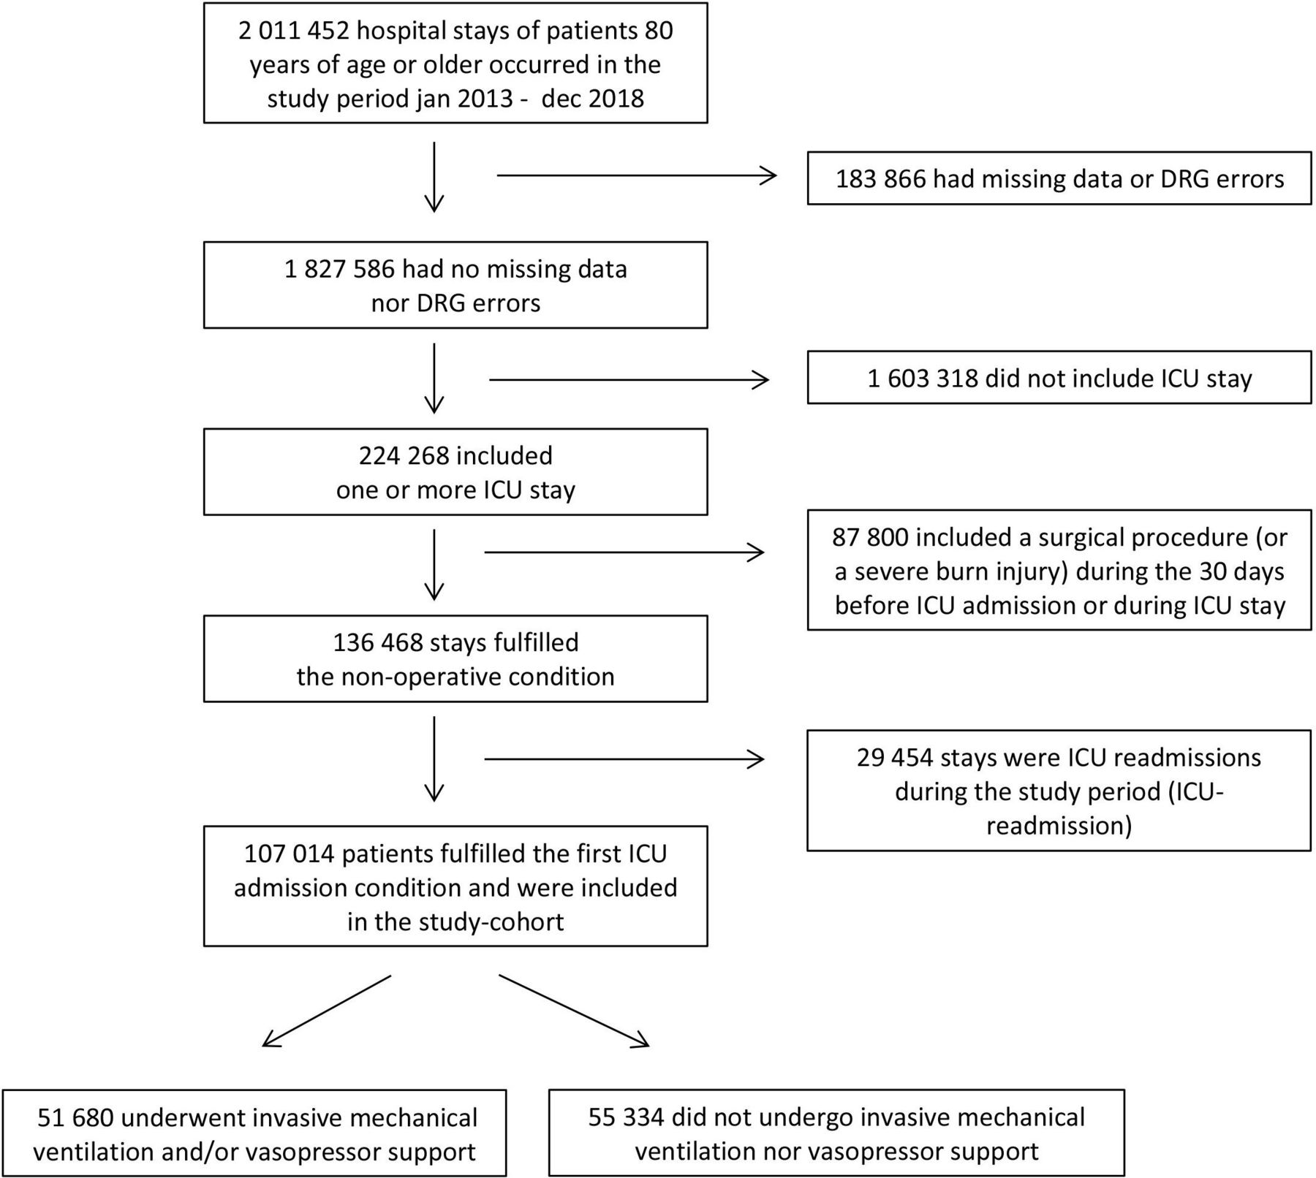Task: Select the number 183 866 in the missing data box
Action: pos(880,179)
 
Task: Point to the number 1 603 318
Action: pos(923,379)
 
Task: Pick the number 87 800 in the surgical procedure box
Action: pos(870,537)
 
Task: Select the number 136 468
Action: pos(377,642)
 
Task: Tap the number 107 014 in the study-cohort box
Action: pos(289,854)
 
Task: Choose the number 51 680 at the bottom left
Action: pos(75,1117)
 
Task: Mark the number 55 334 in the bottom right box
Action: pos(626,1117)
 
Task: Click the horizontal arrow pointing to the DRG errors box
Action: pos(636,175)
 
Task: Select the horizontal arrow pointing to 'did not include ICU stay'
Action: pos(629,379)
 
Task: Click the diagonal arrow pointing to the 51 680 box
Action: pos(327,1011)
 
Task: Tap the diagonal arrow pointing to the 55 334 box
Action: pos(574,1011)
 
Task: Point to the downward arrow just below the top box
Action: pos(434,177)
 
